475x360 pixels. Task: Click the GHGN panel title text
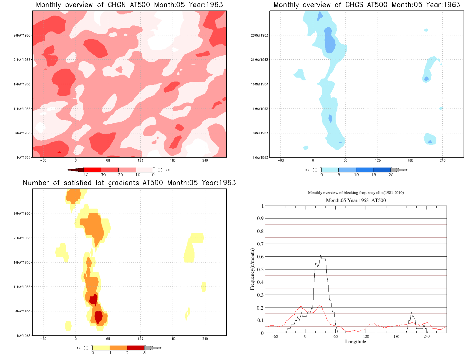(x=129, y=5)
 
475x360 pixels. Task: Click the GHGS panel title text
(x=367, y=5)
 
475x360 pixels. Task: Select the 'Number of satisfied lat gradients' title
(x=129, y=183)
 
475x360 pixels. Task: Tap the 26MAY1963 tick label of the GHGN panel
(x=22, y=35)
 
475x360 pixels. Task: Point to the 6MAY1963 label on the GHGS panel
(x=260, y=133)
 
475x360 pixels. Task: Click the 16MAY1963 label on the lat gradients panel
(x=22, y=263)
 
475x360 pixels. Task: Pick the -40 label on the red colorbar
(x=84, y=175)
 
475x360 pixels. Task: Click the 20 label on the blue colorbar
(x=391, y=175)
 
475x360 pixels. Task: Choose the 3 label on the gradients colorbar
(x=144, y=353)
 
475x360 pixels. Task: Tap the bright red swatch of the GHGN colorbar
(x=93, y=170)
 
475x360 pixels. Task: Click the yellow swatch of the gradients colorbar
(x=101, y=348)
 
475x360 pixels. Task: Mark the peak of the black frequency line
(x=320, y=255)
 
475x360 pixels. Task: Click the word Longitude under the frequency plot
(x=356, y=342)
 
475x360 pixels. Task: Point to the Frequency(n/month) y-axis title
(x=252, y=269)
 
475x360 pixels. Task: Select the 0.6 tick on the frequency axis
(x=261, y=257)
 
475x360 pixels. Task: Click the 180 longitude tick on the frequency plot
(x=396, y=336)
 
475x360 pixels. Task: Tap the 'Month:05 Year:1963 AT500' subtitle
(x=356, y=200)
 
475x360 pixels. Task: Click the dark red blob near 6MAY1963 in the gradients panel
(x=99, y=317)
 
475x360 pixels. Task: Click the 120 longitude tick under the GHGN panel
(x=140, y=160)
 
